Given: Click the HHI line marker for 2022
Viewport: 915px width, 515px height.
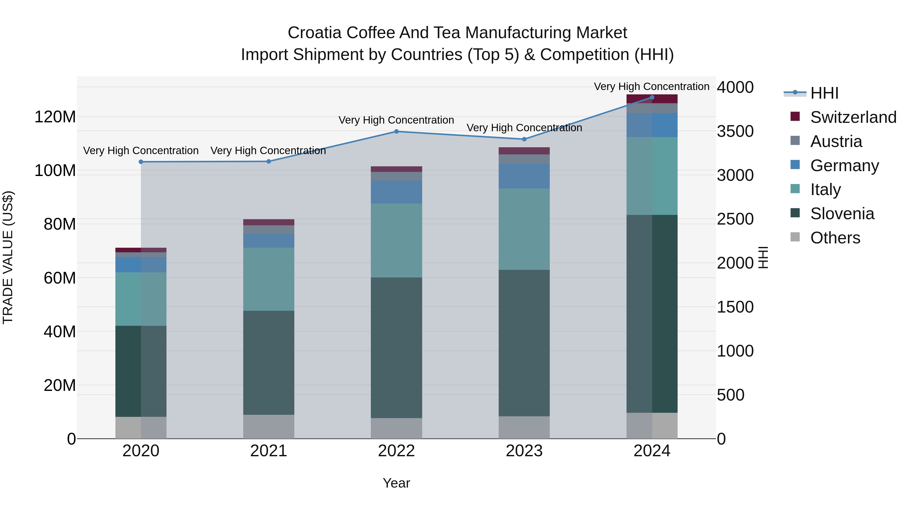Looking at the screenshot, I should [x=396, y=131].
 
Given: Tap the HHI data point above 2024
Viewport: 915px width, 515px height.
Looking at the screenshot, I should [x=652, y=97].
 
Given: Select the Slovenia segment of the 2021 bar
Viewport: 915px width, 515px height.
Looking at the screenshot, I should [x=269, y=362].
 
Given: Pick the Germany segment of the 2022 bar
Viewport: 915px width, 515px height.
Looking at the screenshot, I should [x=396, y=192].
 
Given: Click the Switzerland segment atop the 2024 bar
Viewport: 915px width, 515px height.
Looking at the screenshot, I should [x=652, y=99].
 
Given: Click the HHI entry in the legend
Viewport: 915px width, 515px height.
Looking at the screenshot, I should [x=824, y=93].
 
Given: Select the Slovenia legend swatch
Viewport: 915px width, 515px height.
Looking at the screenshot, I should [x=795, y=213].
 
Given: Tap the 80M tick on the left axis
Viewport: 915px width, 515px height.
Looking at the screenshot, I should [x=60, y=224].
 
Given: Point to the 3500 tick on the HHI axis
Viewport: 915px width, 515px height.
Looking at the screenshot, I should [x=735, y=131].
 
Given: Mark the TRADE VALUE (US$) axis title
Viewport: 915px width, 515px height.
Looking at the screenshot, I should [x=8, y=257].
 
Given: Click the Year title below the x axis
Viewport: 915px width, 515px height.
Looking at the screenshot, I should [x=396, y=483].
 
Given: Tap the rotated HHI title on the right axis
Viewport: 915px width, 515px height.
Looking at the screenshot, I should [x=763, y=257].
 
